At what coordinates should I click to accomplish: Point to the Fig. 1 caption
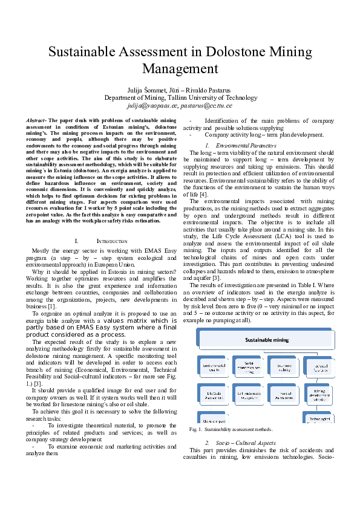(232, 430)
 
